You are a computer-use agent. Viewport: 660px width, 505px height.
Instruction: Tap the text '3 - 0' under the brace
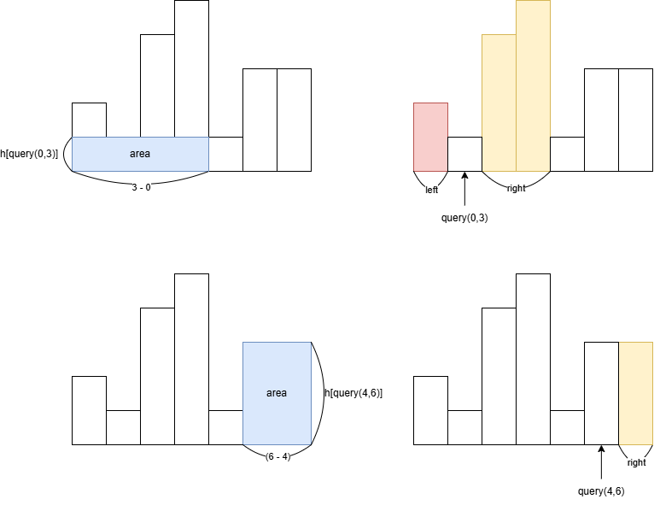click(141, 187)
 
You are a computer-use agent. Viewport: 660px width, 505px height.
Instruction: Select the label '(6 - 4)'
click(277, 456)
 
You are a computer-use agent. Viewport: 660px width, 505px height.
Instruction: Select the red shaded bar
click(430, 137)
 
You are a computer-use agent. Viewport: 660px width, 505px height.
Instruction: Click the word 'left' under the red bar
click(431, 190)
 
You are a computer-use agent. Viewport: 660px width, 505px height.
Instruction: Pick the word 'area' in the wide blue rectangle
click(140, 154)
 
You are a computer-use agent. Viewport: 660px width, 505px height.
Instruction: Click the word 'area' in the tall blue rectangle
click(277, 393)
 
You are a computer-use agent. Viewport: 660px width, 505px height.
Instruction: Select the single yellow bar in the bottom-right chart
click(635, 393)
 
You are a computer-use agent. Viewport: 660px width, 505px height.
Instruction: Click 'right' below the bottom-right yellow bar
click(636, 462)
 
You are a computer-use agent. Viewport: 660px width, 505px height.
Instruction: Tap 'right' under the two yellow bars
click(516, 188)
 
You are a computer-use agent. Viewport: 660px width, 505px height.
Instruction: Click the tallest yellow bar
click(533, 85)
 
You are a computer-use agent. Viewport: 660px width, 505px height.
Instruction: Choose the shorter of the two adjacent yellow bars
click(499, 103)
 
